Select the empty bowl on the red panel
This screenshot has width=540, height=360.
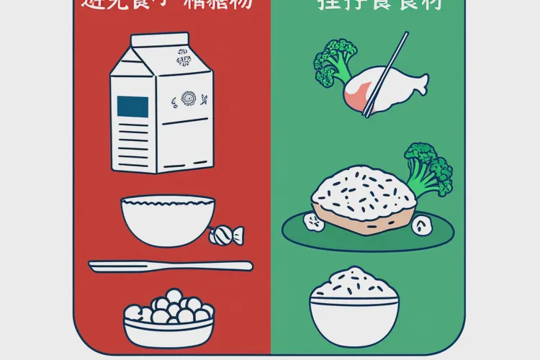click(x=167, y=220)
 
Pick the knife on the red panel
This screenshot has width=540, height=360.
click(x=170, y=266)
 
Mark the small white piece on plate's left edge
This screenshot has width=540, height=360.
click(x=314, y=222)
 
